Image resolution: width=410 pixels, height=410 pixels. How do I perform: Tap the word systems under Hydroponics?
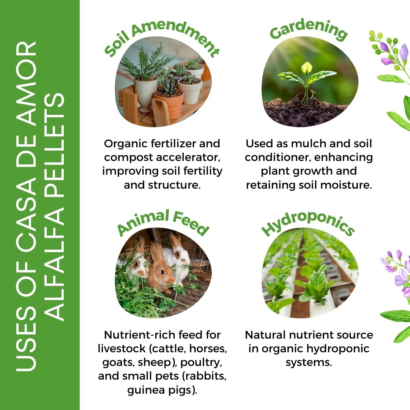tap(309, 363)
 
